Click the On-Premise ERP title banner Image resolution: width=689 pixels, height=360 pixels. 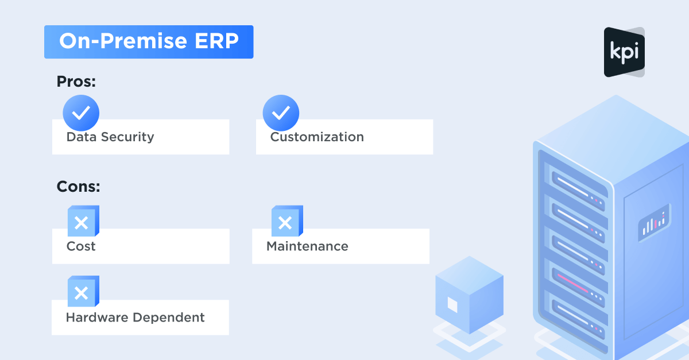149,42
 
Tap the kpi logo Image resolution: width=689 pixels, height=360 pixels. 624,52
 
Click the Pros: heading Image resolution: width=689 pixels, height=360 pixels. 76,82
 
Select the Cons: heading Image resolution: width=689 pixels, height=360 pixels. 78,187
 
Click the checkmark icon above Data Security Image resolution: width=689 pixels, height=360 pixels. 81,113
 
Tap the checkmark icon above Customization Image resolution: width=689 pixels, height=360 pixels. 281,113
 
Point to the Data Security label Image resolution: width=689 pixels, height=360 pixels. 110,137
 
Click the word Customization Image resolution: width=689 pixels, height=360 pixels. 317,137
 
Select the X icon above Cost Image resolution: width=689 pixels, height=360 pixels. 83,221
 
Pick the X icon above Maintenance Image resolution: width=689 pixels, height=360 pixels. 287,221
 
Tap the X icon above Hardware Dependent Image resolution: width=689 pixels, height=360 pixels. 83,291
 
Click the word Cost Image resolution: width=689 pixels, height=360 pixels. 81,246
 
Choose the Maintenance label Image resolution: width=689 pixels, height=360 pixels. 307,246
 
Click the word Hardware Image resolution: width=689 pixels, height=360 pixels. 97,318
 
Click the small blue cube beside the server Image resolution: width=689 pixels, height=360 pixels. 470,295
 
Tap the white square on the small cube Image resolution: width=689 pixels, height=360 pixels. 452,305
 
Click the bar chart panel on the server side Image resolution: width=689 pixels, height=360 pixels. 654,223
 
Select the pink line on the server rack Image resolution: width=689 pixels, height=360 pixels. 573,283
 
